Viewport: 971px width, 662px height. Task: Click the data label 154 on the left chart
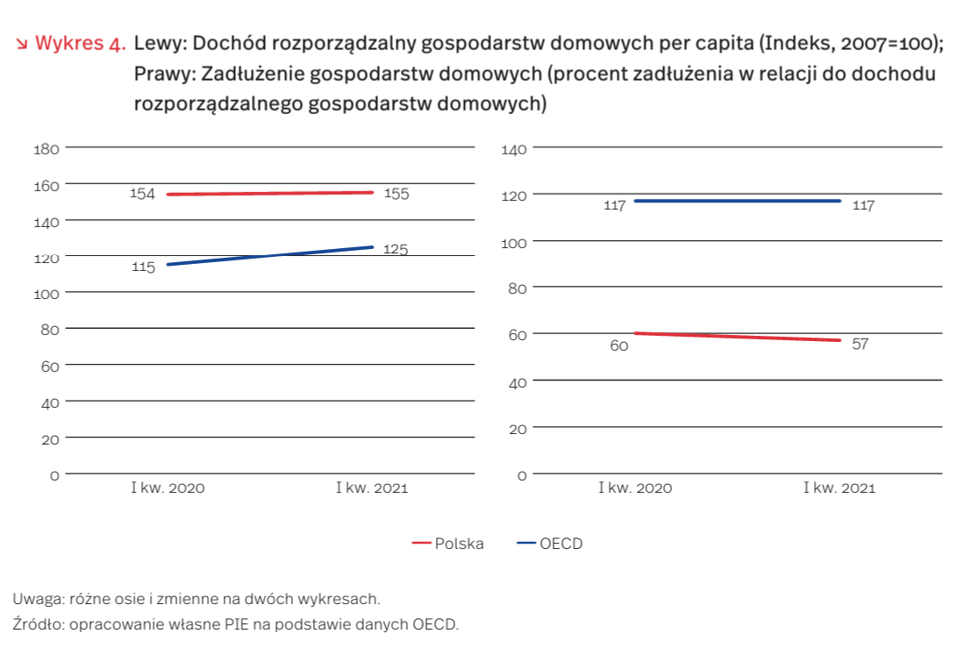coord(142,194)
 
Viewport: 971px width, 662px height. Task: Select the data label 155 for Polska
coord(396,194)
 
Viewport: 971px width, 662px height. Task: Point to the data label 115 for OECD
coord(143,267)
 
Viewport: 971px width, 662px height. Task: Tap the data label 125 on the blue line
coord(396,250)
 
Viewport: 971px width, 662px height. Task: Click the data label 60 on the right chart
coord(619,346)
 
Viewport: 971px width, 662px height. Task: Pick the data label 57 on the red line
coord(860,344)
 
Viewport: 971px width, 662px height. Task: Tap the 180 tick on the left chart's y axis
coord(46,149)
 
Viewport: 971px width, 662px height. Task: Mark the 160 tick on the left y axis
coord(46,185)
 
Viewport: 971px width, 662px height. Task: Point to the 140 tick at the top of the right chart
coord(514,150)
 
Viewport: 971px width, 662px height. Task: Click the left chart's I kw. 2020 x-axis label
coord(168,488)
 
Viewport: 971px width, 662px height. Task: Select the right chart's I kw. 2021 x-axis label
coord(839,488)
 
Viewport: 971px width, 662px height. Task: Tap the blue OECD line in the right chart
coord(737,201)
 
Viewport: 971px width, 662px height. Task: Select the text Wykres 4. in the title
coord(81,44)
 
